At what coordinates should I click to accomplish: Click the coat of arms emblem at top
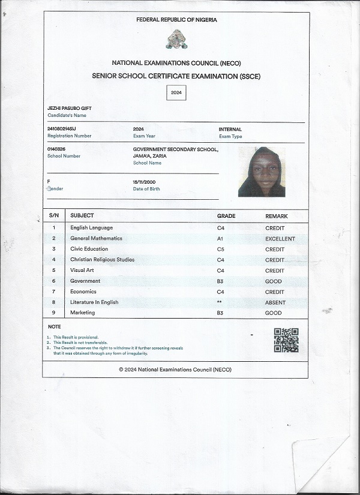point(176,40)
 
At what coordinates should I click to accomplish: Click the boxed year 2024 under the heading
point(176,93)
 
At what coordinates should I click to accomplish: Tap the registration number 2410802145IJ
point(61,129)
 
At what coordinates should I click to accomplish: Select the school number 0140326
point(56,149)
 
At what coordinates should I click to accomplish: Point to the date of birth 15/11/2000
point(144,182)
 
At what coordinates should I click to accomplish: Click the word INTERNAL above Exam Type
point(230,129)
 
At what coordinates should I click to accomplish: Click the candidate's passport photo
point(261,172)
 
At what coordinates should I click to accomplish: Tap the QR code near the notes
point(286,340)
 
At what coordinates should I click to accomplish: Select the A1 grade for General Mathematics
point(220,239)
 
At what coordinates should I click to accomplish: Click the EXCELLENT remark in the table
point(280,239)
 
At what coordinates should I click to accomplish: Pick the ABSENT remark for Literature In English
point(275,302)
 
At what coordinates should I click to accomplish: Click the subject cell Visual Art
point(82,271)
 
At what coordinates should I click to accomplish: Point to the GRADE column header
point(226,216)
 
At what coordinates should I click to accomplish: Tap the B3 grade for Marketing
point(220,313)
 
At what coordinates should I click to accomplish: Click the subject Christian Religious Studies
point(102,260)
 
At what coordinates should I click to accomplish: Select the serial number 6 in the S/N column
point(53,281)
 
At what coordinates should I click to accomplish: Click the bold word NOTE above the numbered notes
point(54,326)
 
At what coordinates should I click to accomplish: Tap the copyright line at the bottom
point(175,370)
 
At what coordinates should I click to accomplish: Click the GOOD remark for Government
point(274,281)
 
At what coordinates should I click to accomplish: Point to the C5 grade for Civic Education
point(220,249)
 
